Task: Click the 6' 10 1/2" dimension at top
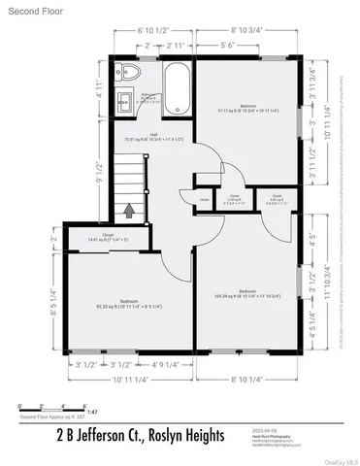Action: [153, 31]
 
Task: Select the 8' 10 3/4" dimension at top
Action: [245, 31]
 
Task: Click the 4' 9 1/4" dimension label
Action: [169, 365]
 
